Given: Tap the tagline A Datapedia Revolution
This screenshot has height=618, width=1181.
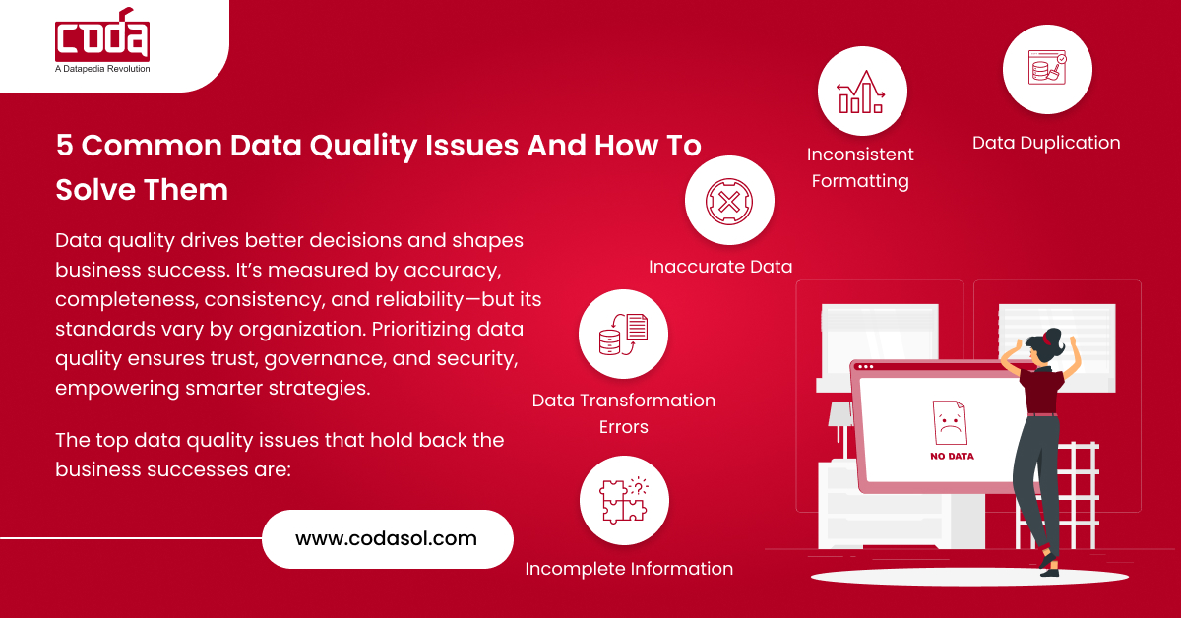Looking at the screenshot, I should (102, 69).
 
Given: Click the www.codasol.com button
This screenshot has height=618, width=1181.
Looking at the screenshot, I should (387, 538).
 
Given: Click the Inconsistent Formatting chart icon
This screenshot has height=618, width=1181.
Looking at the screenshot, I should (861, 91).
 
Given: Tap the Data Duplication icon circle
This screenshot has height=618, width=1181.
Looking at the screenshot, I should (1046, 69).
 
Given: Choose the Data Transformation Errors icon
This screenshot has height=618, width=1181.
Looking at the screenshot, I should (623, 334).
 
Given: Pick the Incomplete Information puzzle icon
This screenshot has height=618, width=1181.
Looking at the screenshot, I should (624, 500).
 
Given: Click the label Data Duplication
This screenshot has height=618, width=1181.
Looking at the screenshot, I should (1046, 143).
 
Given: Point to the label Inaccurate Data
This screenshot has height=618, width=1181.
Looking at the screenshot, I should (720, 267).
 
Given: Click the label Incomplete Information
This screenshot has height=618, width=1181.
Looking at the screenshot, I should (629, 569).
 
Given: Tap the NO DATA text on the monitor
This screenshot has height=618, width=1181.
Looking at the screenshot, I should (951, 457).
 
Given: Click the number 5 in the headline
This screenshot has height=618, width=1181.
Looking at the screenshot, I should (64, 146).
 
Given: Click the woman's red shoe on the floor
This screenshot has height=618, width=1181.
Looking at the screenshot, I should (1050, 568).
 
